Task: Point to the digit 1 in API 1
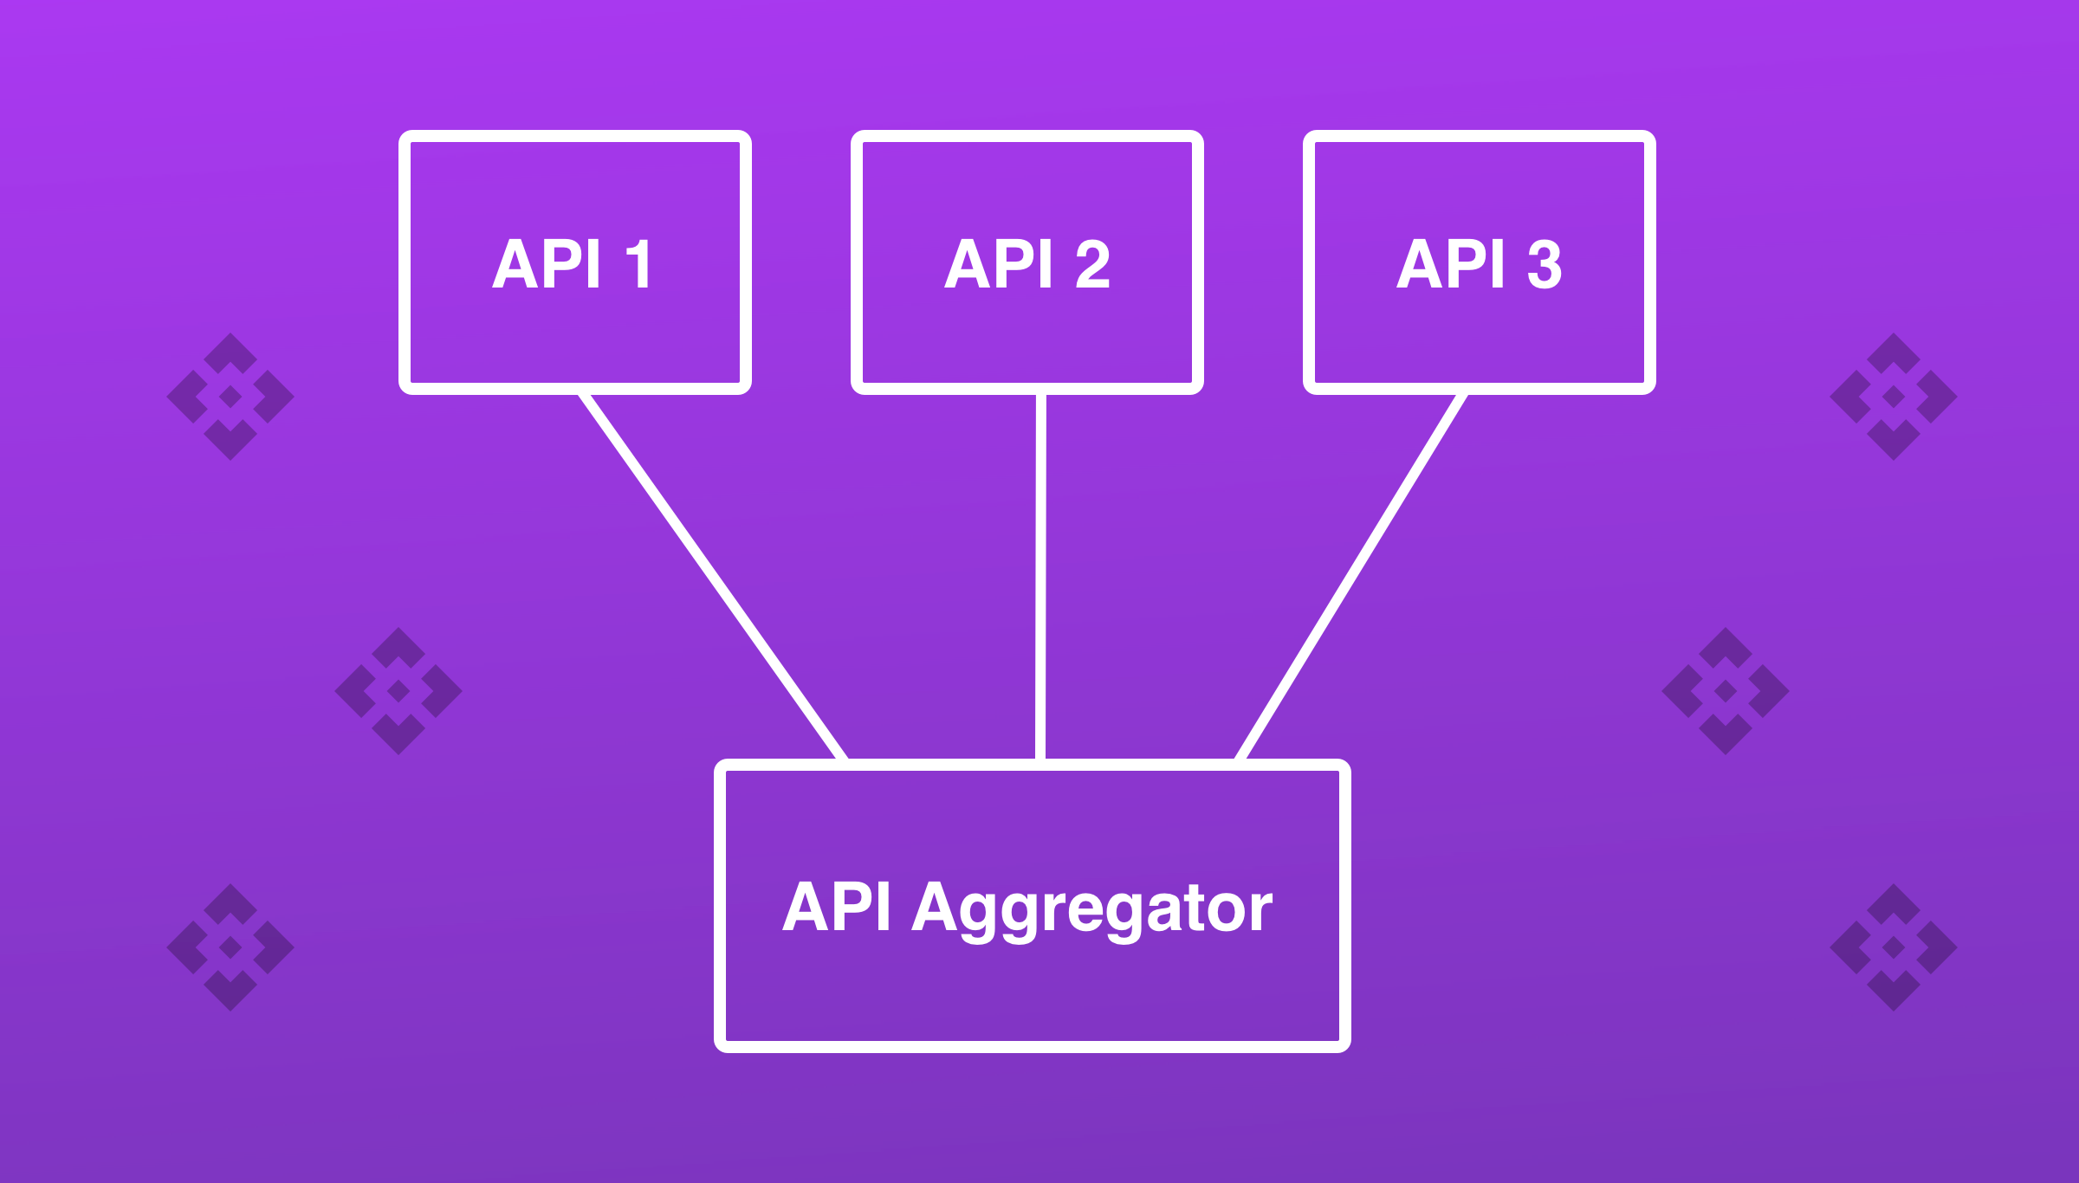[638, 264]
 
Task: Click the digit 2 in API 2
[1092, 264]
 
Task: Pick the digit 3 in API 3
[1545, 264]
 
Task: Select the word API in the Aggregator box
[836, 907]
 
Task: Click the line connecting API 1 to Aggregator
[712, 576]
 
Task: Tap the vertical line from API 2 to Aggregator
[1040, 576]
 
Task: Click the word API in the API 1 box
[547, 264]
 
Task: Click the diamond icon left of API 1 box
[230, 397]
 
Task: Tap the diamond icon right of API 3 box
[1894, 397]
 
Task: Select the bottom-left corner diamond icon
[230, 947]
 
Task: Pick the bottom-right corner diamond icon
[1894, 947]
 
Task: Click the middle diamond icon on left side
[398, 690]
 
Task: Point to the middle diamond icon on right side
[1726, 690]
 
